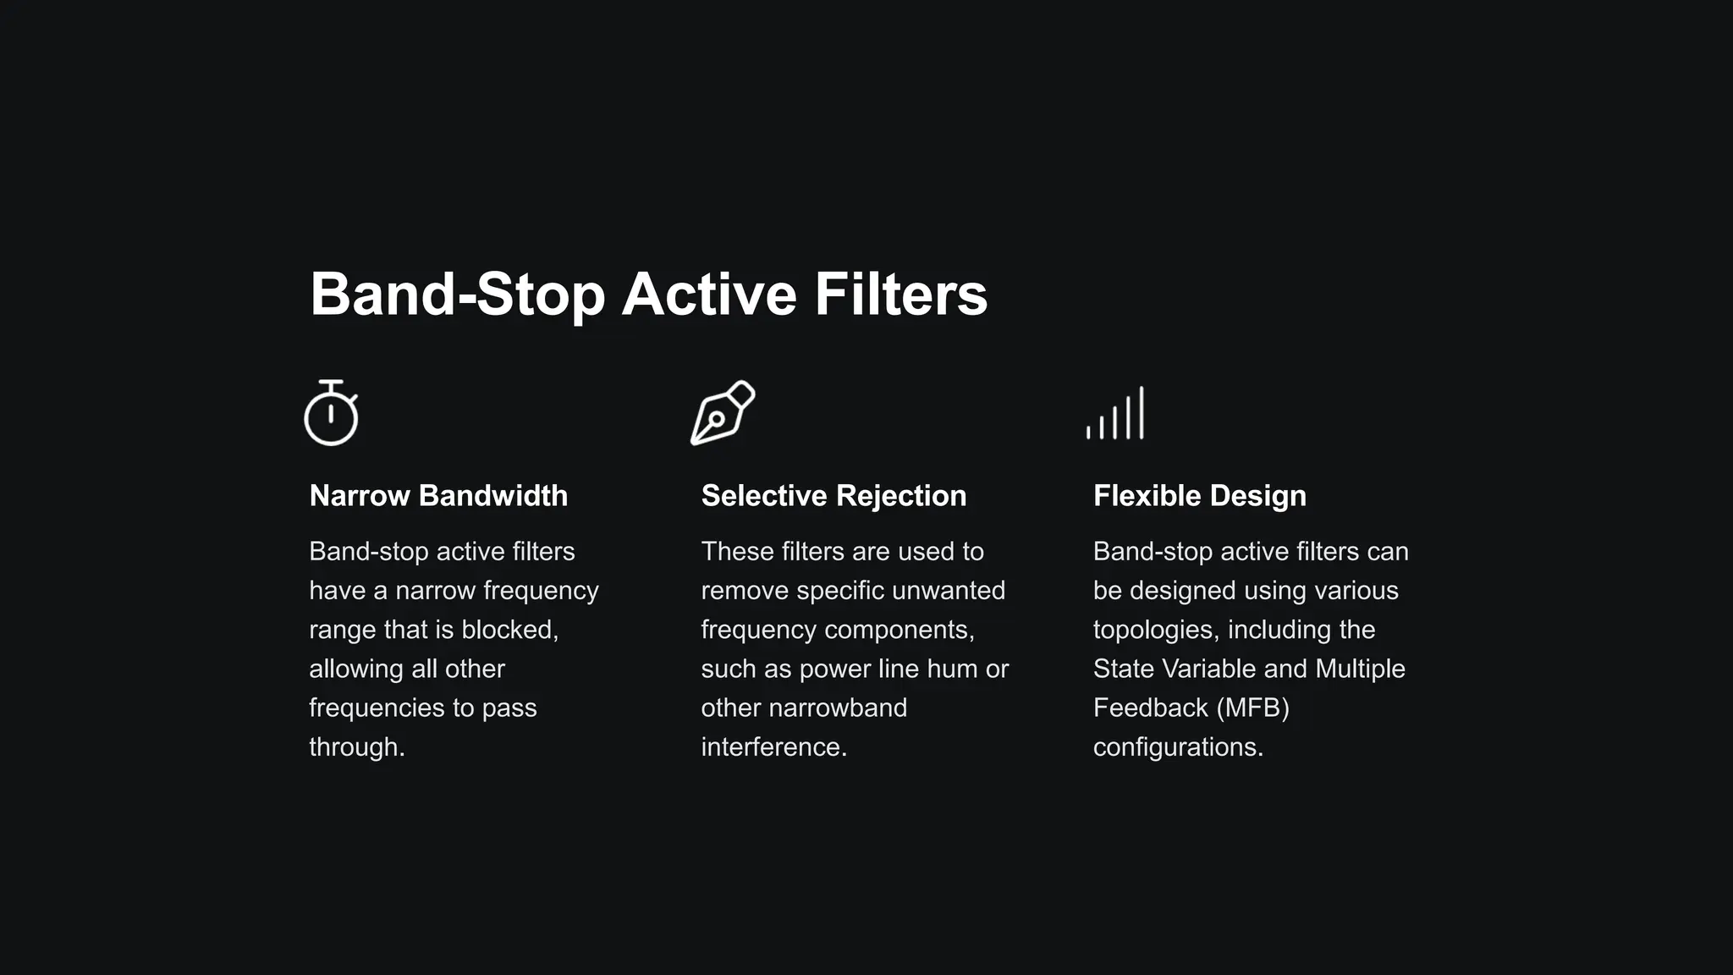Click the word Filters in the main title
click(901, 295)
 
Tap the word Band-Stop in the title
click(457, 295)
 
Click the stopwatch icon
click(331, 414)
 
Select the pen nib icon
click(722, 412)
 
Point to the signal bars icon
click(1115, 414)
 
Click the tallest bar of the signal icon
click(1142, 412)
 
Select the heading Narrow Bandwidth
click(438, 496)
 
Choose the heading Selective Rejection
click(833, 496)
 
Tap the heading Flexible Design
click(1199, 496)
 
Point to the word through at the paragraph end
click(355, 747)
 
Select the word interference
click(773, 747)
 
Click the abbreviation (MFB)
click(1252, 708)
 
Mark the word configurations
click(1178, 747)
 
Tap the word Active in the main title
click(709, 295)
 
